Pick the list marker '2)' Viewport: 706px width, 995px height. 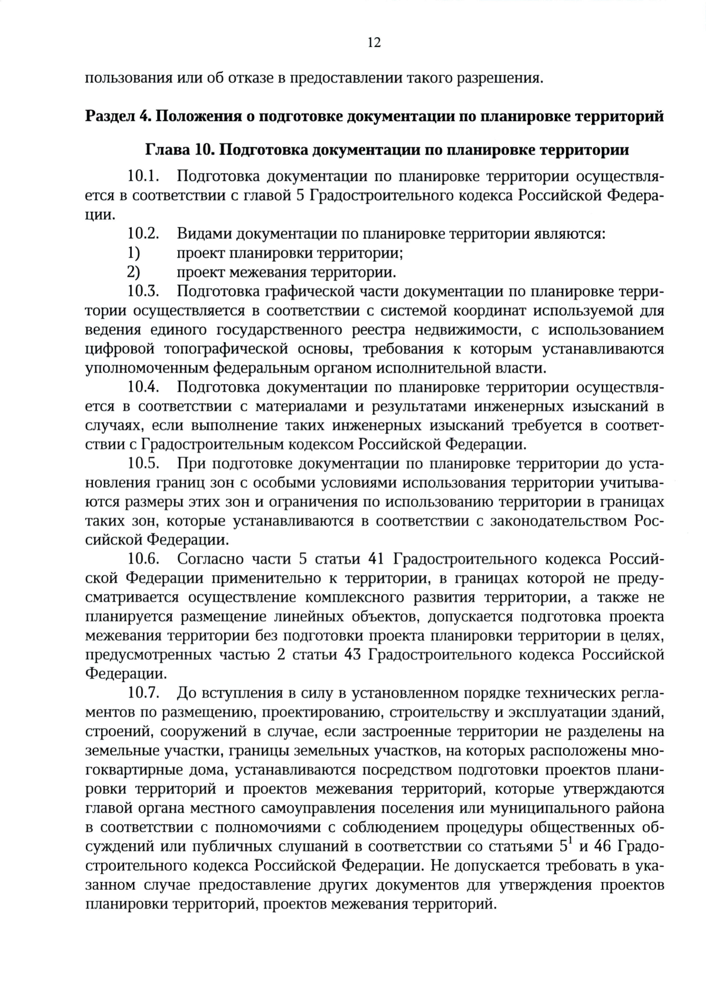[x=134, y=272]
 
